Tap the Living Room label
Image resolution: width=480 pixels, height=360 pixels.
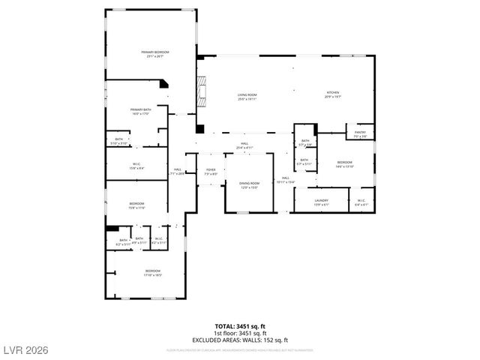[x=247, y=95]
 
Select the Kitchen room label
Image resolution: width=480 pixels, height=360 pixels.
[x=333, y=95]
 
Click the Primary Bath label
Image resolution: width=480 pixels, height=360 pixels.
[x=141, y=112]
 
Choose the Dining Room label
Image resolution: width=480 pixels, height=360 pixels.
[x=249, y=185]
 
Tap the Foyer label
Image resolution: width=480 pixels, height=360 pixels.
[x=211, y=172]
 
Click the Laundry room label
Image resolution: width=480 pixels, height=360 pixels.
[x=322, y=201]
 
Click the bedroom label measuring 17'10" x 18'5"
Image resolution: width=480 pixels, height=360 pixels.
[x=152, y=272]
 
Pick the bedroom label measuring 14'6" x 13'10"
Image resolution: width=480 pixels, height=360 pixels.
[x=344, y=164]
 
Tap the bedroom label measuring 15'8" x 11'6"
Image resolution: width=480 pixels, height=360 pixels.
[x=136, y=205]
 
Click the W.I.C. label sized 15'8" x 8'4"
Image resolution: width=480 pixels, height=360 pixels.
[x=137, y=166]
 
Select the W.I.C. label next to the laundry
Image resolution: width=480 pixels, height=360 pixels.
[x=361, y=201]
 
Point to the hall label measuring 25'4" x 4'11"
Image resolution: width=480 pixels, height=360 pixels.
[x=244, y=145]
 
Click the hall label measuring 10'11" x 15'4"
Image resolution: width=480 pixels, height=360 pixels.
[x=285, y=179]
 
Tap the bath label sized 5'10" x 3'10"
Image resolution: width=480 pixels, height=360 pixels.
[x=118, y=140]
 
